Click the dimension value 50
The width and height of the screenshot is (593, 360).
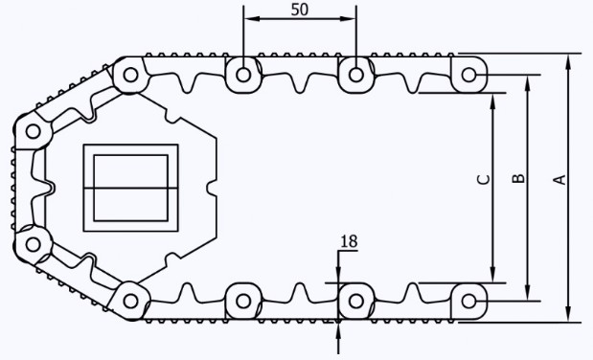300,10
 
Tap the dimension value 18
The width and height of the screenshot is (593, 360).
349,241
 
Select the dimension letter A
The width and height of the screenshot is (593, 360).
560,180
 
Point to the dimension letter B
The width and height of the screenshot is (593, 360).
518,178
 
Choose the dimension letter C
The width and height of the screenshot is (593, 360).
484,180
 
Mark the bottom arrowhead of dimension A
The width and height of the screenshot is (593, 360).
568,314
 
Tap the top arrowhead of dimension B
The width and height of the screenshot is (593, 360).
528,83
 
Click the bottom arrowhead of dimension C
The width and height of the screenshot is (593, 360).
492,275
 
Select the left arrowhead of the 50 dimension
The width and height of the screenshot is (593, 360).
252,18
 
